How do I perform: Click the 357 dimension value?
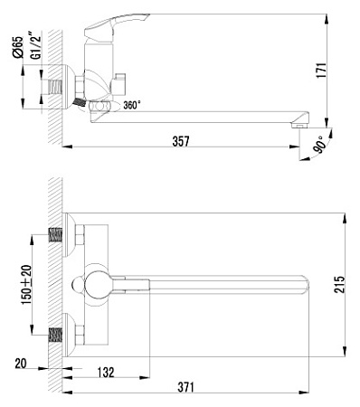(x=181, y=141)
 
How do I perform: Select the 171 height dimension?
(x=322, y=71)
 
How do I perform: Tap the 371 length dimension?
(x=185, y=387)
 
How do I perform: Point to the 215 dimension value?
(x=339, y=284)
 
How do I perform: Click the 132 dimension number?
(x=106, y=373)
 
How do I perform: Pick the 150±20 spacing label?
(x=26, y=285)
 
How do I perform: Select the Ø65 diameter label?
(x=18, y=47)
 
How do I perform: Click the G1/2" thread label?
(x=35, y=45)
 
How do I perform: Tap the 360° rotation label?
(x=132, y=105)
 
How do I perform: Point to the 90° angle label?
(x=319, y=145)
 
